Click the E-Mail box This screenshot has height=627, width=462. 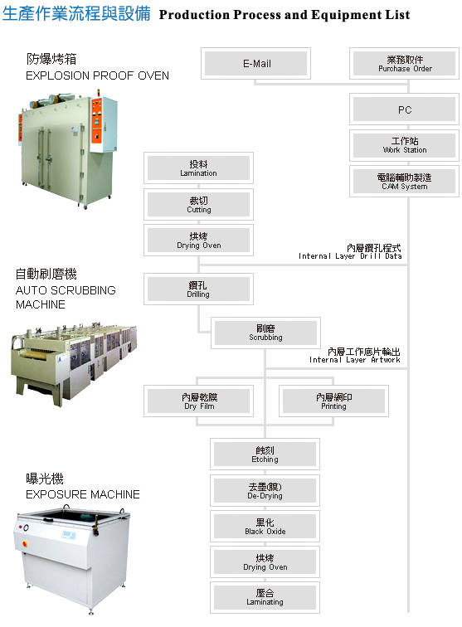pyautogui.click(x=255, y=64)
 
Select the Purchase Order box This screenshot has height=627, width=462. pyautogui.click(x=405, y=64)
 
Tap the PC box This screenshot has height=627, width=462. pyautogui.click(x=405, y=109)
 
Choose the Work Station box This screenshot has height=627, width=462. pyautogui.click(x=405, y=145)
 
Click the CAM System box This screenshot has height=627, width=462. pyautogui.click(x=405, y=181)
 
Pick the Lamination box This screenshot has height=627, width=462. pyautogui.click(x=198, y=168)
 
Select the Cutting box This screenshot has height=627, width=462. pyautogui.click(x=198, y=204)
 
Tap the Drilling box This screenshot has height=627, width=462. pyautogui.click(x=198, y=289)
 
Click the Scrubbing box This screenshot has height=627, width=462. pyautogui.click(x=265, y=333)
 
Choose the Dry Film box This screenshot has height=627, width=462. pyautogui.click(x=198, y=401)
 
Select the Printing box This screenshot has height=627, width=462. pyautogui.click(x=333, y=401)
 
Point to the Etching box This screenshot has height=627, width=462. pyautogui.click(x=265, y=454)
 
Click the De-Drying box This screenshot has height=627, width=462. pyautogui.click(x=265, y=490)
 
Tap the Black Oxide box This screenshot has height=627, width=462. pyautogui.click(x=265, y=526)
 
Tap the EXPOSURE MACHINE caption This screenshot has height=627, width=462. pyautogui.click(x=83, y=494)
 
